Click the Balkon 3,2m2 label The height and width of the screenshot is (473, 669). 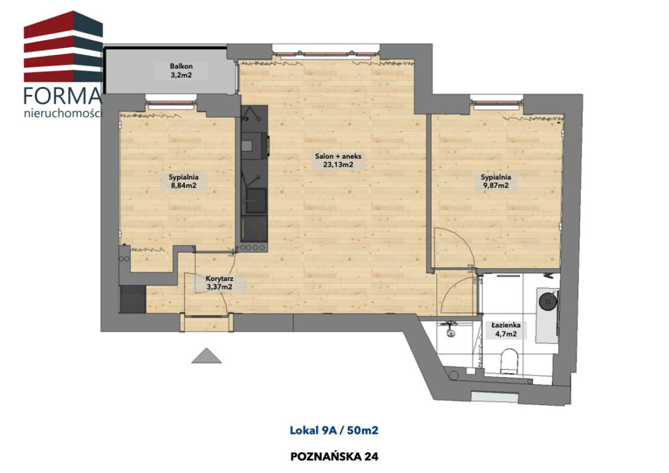[x=182, y=71]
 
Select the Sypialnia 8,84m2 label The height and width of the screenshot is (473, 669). [x=184, y=181]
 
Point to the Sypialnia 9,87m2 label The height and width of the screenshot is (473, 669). [x=496, y=181]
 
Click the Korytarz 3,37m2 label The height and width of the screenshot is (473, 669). [x=220, y=282]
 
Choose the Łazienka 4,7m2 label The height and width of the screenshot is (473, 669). [x=506, y=329]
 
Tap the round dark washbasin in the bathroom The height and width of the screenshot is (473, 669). [x=548, y=301]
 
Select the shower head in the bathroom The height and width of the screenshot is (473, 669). [x=450, y=333]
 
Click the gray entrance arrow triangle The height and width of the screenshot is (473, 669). [x=206, y=355]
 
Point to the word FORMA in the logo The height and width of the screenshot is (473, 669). [x=63, y=96]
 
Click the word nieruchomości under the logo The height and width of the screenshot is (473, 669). [x=63, y=114]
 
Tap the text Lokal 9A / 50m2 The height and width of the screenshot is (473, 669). [x=334, y=430]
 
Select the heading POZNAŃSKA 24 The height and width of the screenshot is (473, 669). [x=334, y=457]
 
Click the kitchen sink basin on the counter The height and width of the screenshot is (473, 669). [x=255, y=201]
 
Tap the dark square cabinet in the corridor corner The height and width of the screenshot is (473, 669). [x=133, y=299]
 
